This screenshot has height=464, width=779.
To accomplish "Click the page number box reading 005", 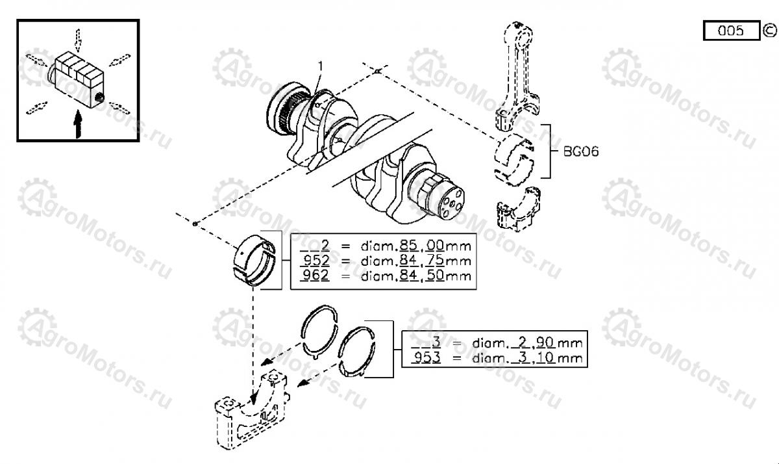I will coord(731,31).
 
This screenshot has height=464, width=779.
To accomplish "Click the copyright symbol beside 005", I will coord(769,30).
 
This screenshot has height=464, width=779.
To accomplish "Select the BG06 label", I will coord(580,151).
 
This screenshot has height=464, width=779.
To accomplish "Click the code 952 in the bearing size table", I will coord(315,261).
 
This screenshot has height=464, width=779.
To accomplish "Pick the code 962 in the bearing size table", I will coord(315,275).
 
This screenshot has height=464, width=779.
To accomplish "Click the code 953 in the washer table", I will coord(427,357).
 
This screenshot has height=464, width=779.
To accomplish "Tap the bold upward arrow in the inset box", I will coord(78,123).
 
